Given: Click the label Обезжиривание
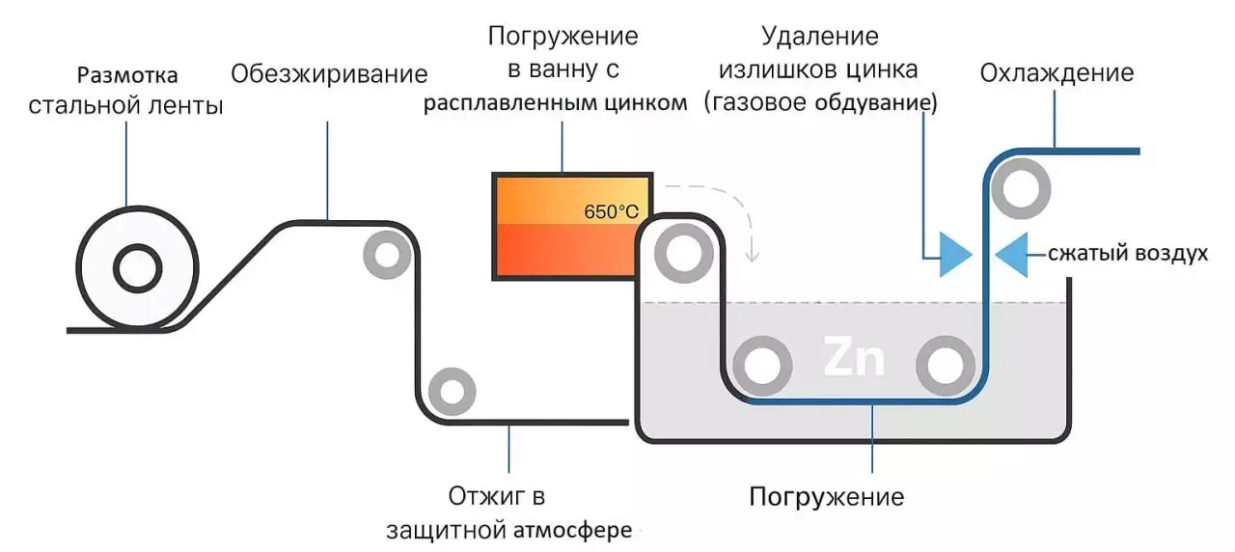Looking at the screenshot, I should (329, 73).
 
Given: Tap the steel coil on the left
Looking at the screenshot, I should (137, 267).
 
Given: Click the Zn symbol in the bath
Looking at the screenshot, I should (854, 359).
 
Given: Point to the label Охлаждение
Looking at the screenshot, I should (1057, 73).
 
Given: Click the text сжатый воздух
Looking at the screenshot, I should (1128, 254).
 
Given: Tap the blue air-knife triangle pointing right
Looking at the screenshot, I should (954, 254).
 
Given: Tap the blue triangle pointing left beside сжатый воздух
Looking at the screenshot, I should (1012, 254).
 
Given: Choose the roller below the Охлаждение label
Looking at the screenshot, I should (1021, 189).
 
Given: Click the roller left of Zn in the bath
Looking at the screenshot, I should (762, 366).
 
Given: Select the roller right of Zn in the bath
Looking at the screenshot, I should (945, 366).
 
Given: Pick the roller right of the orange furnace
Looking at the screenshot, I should (683, 254).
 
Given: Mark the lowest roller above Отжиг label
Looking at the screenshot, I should (451, 391).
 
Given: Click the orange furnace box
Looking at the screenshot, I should (572, 226).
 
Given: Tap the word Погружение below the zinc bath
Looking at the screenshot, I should (827, 497).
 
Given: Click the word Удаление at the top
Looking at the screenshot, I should (820, 37).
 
